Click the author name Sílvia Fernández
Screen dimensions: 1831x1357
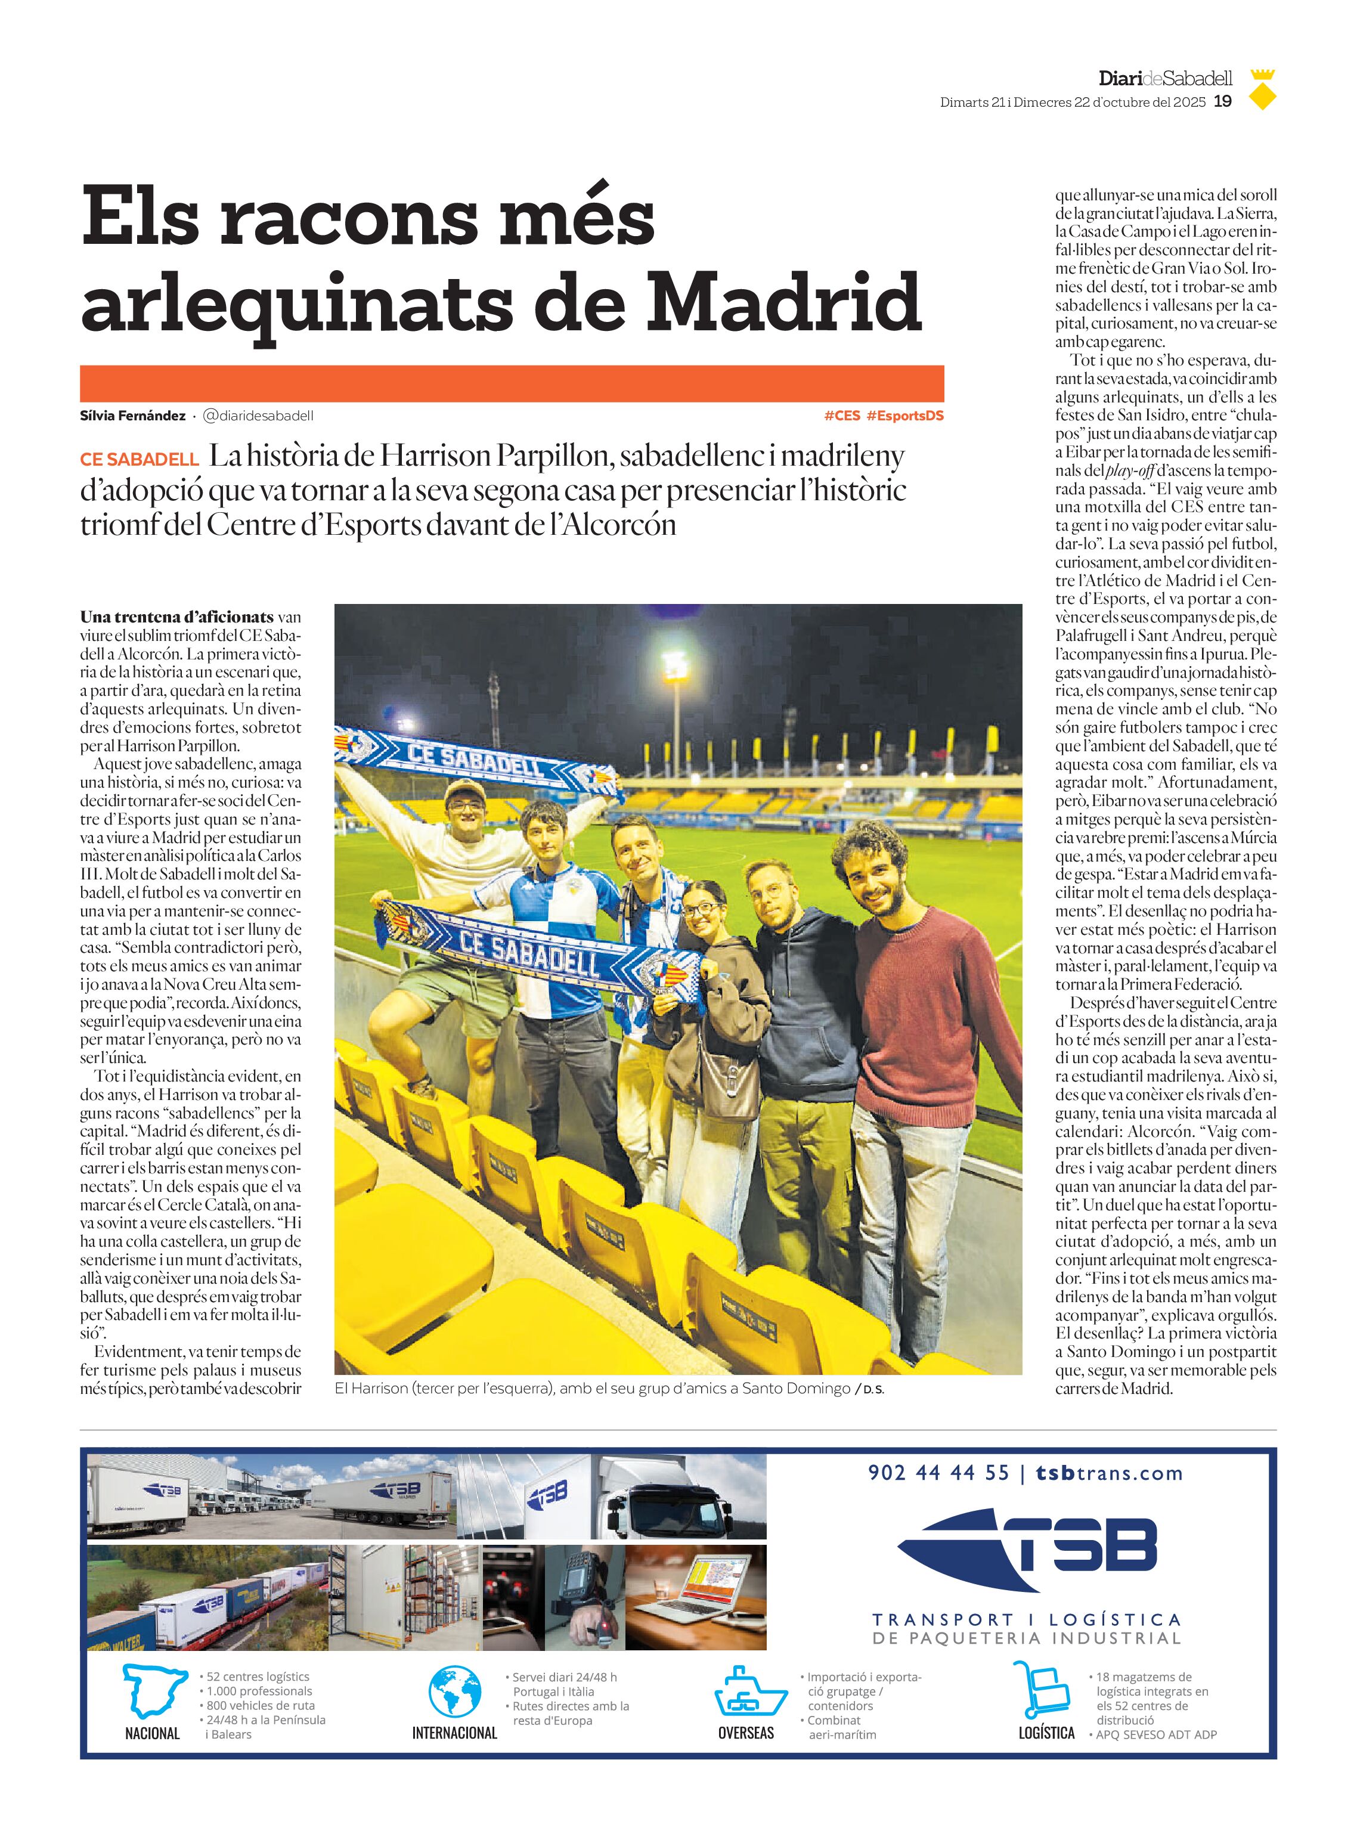click(132, 416)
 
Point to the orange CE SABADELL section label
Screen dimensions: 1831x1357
click(139, 459)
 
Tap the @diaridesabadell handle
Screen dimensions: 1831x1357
click(258, 416)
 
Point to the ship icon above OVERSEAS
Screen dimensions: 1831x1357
click(750, 1691)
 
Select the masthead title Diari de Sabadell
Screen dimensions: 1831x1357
click(1165, 79)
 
